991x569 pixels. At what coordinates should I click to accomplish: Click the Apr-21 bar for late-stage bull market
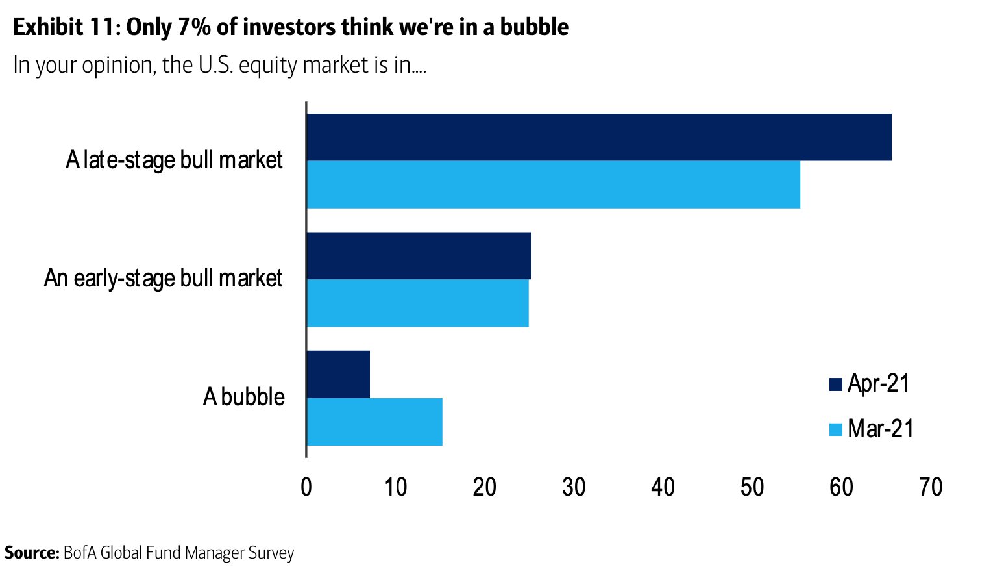pyautogui.click(x=598, y=137)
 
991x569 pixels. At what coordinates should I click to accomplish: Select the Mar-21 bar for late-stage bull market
pyautogui.click(x=553, y=184)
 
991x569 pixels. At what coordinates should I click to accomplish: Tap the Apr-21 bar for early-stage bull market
pyautogui.click(x=419, y=256)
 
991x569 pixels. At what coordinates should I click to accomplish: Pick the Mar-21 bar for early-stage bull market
pyautogui.click(x=417, y=303)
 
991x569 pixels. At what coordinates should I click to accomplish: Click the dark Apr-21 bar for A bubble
pyautogui.click(x=338, y=374)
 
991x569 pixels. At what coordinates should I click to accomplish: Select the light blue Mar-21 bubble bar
pyautogui.click(x=374, y=422)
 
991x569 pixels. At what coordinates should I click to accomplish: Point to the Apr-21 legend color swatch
pyautogui.click(x=836, y=385)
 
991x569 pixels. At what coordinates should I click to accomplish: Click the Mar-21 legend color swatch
pyautogui.click(x=836, y=429)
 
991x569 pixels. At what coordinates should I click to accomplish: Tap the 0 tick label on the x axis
pyautogui.click(x=306, y=487)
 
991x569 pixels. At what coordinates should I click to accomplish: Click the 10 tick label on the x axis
pyautogui.click(x=395, y=487)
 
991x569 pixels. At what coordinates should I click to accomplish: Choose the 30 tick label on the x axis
pyautogui.click(x=574, y=487)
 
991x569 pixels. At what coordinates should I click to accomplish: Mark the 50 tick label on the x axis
pyautogui.click(x=752, y=487)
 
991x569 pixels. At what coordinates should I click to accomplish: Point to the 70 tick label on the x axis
pyautogui.click(x=931, y=487)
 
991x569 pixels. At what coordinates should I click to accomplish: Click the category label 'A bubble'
pyautogui.click(x=244, y=397)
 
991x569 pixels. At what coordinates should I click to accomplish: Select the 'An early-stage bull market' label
pyautogui.click(x=164, y=278)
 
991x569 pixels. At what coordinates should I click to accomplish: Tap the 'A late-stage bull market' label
pyautogui.click(x=174, y=160)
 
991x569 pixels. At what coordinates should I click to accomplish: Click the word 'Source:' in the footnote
pyautogui.click(x=32, y=553)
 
